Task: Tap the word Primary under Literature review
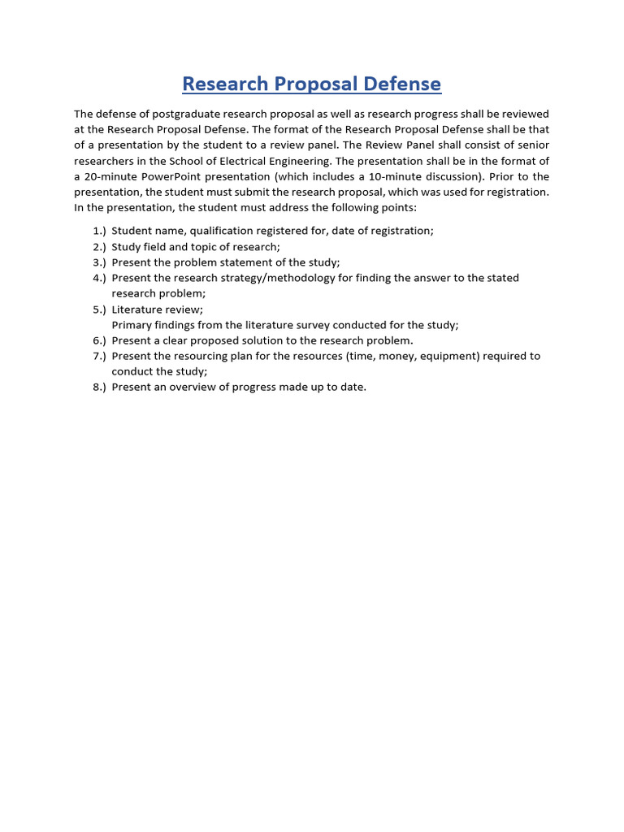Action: (131, 325)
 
